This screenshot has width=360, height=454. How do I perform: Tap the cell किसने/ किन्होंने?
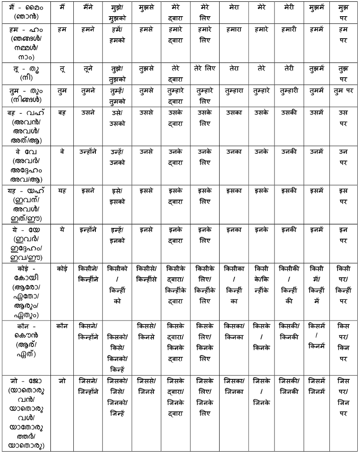click(88, 331)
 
